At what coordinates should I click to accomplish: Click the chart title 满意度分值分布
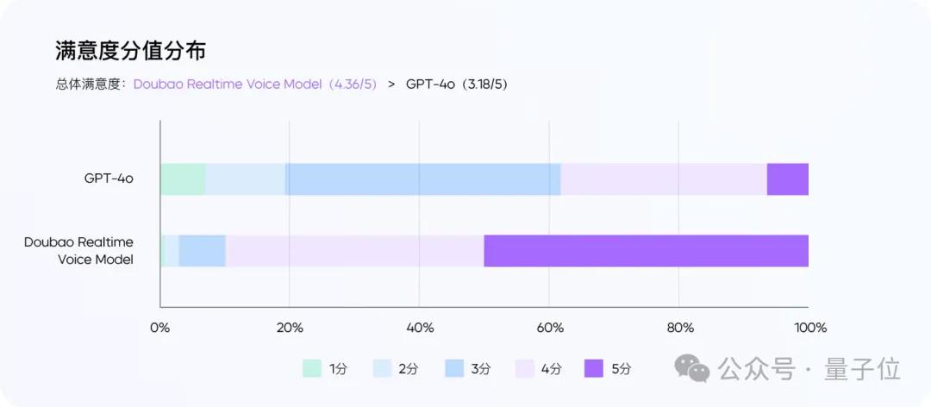pyautogui.click(x=130, y=51)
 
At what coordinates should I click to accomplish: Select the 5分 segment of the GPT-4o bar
pyautogui.click(x=787, y=179)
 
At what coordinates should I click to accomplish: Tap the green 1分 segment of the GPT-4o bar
pyautogui.click(x=183, y=179)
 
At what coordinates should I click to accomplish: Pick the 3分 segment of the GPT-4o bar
pyautogui.click(x=423, y=179)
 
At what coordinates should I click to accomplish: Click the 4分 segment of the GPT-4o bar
pyautogui.click(x=664, y=179)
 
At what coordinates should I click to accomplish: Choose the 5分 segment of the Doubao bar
pyautogui.click(x=646, y=251)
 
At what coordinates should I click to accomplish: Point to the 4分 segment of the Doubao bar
pyautogui.click(x=354, y=251)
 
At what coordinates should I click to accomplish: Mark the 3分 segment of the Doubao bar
pyautogui.click(x=203, y=251)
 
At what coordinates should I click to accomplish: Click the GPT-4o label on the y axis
pyautogui.click(x=109, y=179)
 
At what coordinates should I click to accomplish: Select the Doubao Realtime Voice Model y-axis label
pyautogui.click(x=79, y=251)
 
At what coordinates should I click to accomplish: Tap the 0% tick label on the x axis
pyautogui.click(x=160, y=328)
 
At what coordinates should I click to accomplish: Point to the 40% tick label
pyautogui.click(x=419, y=328)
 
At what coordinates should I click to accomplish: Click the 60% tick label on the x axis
pyautogui.click(x=550, y=328)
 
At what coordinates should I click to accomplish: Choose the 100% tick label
pyautogui.click(x=810, y=328)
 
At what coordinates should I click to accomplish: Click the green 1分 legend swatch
pyautogui.click(x=312, y=368)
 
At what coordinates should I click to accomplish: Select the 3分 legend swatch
pyautogui.click(x=454, y=368)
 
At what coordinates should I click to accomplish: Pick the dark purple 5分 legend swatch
pyautogui.click(x=594, y=368)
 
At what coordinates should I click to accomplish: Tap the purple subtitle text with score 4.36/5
pyautogui.click(x=255, y=85)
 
